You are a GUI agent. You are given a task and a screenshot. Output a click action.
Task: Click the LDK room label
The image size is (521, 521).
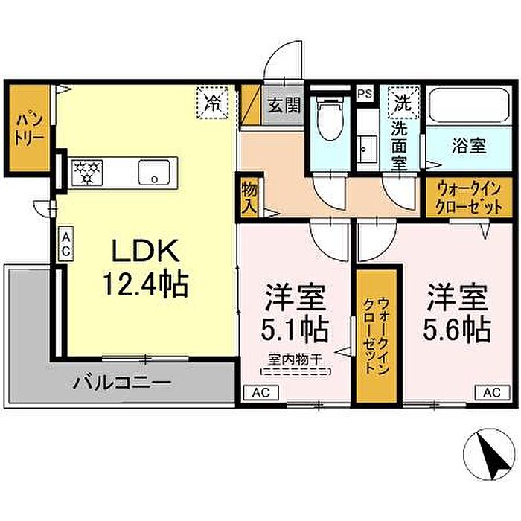click(146, 251)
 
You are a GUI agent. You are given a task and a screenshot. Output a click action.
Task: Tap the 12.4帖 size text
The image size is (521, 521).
click(146, 285)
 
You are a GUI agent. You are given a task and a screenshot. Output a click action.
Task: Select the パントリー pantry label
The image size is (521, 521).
click(29, 130)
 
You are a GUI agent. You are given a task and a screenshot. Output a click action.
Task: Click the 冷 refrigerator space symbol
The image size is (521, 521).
click(213, 103)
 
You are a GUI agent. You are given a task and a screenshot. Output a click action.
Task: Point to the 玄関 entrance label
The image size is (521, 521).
click(284, 105)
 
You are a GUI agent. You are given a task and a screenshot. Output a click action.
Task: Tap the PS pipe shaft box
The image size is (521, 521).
click(365, 94)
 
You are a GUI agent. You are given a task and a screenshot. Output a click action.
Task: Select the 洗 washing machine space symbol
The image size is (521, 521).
click(403, 103)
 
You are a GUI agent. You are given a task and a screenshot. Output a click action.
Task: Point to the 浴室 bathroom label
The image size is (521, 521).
click(469, 146)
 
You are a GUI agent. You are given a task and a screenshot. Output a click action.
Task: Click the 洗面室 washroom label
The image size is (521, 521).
click(399, 146)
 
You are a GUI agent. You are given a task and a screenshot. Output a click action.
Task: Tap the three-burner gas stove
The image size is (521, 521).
click(87, 173)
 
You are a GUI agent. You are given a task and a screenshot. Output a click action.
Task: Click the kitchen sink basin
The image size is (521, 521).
click(154, 172)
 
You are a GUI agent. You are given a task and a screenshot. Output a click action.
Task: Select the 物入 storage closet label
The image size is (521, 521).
click(249, 198)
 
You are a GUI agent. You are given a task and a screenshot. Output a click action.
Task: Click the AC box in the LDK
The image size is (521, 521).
click(65, 244)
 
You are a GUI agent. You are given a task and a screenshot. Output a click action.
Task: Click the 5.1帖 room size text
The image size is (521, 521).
click(295, 330)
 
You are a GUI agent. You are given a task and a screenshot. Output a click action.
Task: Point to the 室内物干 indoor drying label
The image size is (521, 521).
click(295, 359)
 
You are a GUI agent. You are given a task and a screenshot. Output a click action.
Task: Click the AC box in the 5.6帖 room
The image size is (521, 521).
click(492, 392)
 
